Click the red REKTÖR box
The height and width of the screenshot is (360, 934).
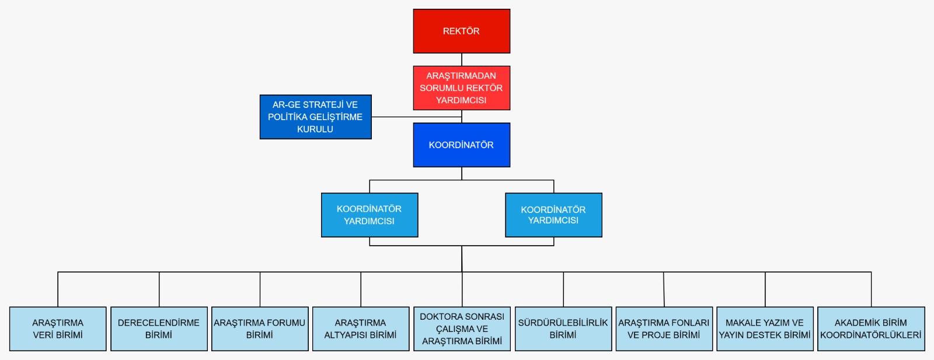(x=461, y=31)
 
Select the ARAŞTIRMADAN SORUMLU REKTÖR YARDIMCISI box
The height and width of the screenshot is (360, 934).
(x=461, y=88)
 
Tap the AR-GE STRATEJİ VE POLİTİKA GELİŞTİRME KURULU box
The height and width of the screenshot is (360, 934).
(x=315, y=117)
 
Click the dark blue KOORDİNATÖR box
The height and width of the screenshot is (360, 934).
(x=461, y=145)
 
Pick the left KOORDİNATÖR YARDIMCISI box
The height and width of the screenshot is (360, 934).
(x=369, y=215)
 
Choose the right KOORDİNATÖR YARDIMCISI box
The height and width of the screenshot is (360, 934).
(x=553, y=215)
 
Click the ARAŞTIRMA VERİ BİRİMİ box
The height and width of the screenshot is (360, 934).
(x=58, y=328)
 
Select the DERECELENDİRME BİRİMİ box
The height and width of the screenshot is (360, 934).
(x=159, y=328)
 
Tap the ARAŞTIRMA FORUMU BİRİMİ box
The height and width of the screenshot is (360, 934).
(x=260, y=328)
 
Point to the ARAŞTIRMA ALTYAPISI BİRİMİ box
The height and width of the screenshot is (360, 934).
(x=361, y=328)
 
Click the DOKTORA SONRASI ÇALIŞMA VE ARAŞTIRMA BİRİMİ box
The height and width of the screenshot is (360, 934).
(x=462, y=328)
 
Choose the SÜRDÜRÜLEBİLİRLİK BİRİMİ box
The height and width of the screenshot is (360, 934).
(x=563, y=328)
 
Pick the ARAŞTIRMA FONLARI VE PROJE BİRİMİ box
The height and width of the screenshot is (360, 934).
(x=664, y=328)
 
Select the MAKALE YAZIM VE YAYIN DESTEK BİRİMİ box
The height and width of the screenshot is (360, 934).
(x=765, y=328)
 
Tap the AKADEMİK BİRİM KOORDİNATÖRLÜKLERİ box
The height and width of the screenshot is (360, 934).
(x=871, y=328)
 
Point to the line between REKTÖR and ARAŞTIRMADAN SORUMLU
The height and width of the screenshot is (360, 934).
(x=462, y=60)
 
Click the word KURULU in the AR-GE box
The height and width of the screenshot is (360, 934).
(x=315, y=129)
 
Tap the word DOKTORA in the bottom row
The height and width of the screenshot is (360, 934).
(x=441, y=316)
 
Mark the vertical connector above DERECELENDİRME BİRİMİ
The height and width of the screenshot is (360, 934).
(x=159, y=289)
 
